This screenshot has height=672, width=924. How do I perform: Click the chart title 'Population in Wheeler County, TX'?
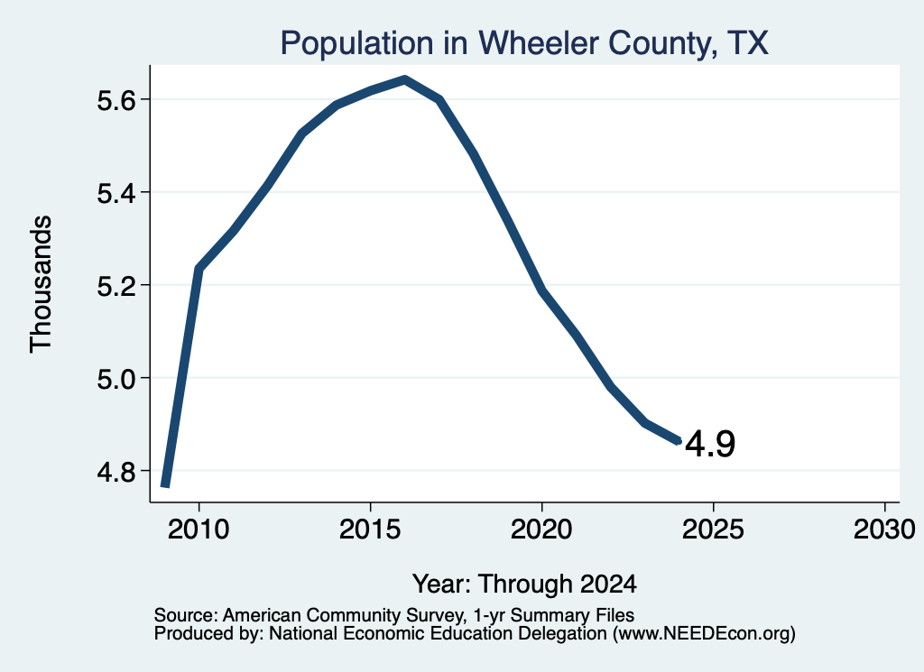point(524,43)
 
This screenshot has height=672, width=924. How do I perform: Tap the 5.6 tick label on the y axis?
point(116,101)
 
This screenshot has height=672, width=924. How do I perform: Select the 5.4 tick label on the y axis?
point(116,193)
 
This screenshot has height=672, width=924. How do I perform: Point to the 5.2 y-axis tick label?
point(116,286)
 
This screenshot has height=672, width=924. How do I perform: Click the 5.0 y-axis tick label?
point(116,379)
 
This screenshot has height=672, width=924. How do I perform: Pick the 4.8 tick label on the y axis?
point(116,472)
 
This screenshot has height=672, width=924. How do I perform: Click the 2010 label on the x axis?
point(199,529)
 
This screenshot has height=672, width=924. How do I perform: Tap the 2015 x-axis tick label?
point(370,529)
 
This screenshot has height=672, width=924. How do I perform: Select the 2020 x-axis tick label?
point(541,529)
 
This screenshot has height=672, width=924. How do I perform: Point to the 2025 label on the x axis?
point(713,529)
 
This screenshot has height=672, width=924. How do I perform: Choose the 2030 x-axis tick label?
point(884,529)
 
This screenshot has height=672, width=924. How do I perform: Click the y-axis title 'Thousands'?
point(42,284)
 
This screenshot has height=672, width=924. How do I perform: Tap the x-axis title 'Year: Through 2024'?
point(524,585)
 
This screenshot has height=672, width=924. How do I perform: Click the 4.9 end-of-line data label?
point(710,444)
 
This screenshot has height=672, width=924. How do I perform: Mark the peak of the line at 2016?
point(405,79)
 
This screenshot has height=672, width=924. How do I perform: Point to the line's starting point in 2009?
point(165,485)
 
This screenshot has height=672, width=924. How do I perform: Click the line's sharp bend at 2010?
point(199,269)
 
